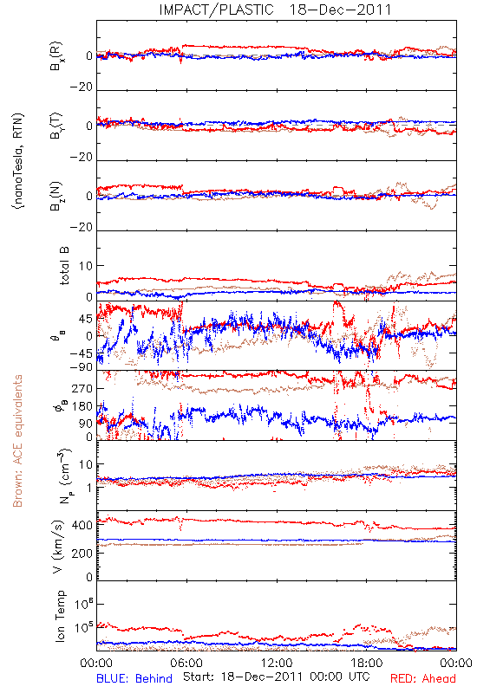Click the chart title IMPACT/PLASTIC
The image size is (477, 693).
pyautogui.click(x=216, y=10)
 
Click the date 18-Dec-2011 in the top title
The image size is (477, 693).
pyautogui.click(x=340, y=10)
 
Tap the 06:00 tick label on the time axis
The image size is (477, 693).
pyautogui.click(x=186, y=663)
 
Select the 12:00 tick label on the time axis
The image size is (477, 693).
pyautogui.click(x=277, y=663)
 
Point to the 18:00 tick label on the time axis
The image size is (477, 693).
pyautogui.click(x=366, y=663)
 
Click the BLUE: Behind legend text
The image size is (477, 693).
pyautogui.click(x=134, y=678)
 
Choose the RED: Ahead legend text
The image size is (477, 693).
pyautogui.click(x=422, y=678)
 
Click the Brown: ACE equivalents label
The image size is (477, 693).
pyautogui.click(x=17, y=441)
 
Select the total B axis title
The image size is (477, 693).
pyautogui.click(x=64, y=266)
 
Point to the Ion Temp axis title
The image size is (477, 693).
pyautogui.click(x=61, y=616)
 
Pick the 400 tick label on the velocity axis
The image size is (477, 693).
pyautogui.click(x=82, y=525)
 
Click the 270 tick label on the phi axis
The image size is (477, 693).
pyautogui.click(x=82, y=388)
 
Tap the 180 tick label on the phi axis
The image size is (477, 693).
pyautogui.click(x=82, y=406)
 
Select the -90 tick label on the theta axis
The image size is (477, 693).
pyautogui.click(x=83, y=366)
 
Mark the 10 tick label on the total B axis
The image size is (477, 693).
pyautogui.click(x=86, y=266)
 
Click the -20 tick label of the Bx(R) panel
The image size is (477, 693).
pyautogui.click(x=82, y=87)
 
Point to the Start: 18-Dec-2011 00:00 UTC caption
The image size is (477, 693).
pyautogui.click(x=277, y=677)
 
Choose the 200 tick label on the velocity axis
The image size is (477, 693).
pyautogui.click(x=82, y=553)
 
